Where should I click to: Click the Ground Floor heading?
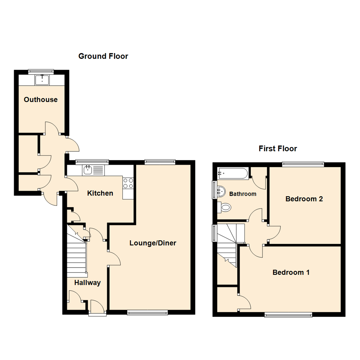103,56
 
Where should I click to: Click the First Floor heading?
278,148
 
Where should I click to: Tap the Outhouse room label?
41,99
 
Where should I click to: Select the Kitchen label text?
100,193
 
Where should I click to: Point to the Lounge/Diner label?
153,243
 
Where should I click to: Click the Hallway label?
87,283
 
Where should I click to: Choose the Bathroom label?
242,194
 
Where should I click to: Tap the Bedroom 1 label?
291,272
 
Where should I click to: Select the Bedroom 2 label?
304,199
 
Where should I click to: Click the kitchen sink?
88,170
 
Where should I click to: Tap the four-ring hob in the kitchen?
128,183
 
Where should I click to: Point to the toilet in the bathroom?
225,207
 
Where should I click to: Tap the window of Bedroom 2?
303,163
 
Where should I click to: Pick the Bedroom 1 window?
288,314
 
